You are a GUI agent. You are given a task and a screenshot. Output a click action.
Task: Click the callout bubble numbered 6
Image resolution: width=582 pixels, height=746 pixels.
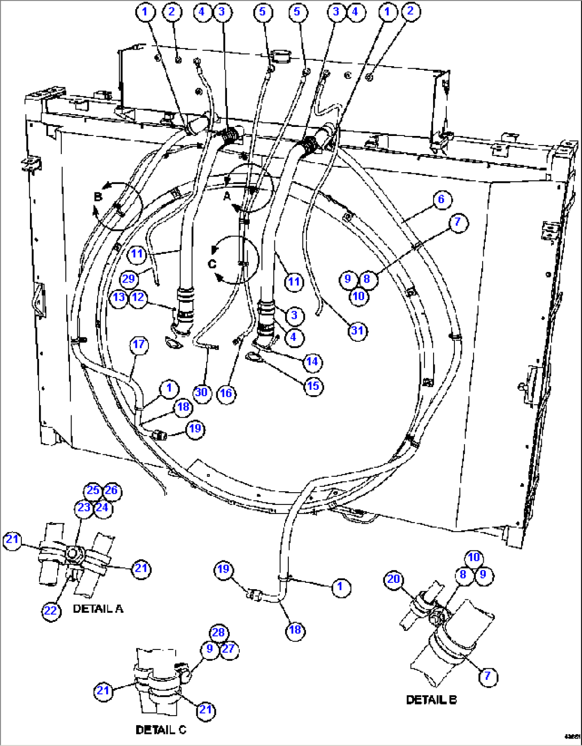441,199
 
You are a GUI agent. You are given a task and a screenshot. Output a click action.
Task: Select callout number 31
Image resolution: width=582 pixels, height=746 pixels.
357,331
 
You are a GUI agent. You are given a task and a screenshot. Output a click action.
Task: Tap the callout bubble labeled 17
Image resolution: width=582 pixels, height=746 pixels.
139,344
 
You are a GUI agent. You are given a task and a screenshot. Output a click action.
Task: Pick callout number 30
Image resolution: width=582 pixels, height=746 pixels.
201,393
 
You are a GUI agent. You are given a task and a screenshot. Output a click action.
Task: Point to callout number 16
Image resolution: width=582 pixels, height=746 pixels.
226,393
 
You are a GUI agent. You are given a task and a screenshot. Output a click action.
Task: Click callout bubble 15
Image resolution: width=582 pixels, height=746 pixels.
313,386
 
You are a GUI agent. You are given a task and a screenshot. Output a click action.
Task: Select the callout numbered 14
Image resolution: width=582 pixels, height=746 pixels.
312,362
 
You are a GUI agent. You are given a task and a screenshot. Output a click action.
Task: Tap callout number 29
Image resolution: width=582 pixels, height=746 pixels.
129,279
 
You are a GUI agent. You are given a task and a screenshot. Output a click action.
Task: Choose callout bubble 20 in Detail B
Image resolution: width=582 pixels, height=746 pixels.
394,579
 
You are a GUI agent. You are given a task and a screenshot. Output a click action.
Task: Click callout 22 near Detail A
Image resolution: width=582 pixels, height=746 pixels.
50,611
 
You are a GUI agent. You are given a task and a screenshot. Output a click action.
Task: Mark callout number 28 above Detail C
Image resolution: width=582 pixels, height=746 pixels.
218,632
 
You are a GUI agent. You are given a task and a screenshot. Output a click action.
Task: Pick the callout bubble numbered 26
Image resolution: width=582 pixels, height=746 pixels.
111,491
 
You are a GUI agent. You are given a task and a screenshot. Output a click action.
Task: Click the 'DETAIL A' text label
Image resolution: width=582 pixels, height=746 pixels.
98,608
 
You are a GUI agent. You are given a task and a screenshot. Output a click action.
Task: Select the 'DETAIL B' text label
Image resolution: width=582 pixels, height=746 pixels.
431,700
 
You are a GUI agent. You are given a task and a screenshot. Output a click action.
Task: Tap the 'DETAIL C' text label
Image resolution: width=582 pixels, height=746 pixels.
161,729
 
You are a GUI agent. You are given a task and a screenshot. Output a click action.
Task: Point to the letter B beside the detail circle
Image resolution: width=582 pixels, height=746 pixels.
98,197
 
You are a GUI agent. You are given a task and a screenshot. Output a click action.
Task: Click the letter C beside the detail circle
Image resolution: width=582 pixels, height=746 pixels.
212,263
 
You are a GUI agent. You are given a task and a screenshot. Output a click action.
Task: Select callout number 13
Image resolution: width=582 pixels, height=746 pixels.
119,297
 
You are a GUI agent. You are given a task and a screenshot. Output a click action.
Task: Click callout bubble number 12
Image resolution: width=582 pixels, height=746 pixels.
138,297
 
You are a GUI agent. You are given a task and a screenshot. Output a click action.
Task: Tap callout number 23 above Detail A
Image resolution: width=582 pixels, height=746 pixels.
84,507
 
